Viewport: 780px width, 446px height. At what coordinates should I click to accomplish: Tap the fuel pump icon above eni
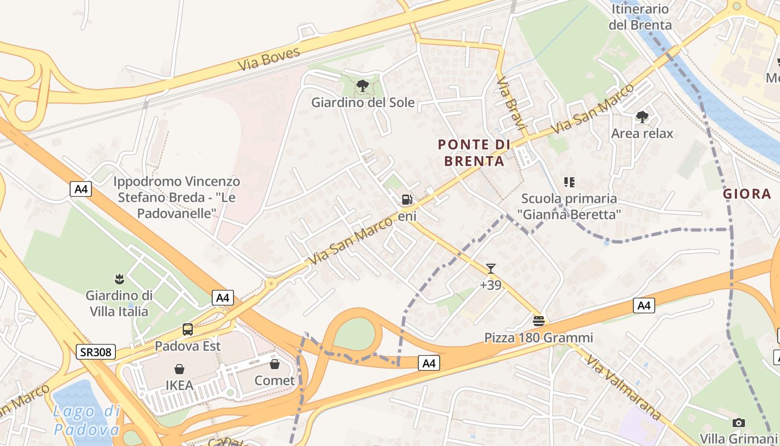[x=407, y=200]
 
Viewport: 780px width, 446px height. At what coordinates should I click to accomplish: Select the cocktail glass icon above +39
[x=490, y=269]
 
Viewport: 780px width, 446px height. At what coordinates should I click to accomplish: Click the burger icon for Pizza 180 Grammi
[x=538, y=321]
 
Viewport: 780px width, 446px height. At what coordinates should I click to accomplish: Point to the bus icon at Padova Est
[x=188, y=329]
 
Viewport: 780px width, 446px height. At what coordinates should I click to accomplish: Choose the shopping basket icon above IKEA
[x=179, y=369]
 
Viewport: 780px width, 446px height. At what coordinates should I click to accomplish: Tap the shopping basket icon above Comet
[x=275, y=364]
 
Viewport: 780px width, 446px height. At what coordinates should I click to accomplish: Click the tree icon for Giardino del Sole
[x=363, y=85]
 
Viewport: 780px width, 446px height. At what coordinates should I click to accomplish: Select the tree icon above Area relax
[x=642, y=117]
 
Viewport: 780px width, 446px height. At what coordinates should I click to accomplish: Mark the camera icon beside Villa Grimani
[x=739, y=423]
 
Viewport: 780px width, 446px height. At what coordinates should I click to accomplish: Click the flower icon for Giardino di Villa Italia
[x=119, y=278]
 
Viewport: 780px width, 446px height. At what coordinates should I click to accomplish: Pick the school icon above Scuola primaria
[x=569, y=182]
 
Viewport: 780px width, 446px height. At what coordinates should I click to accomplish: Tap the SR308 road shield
[x=96, y=352]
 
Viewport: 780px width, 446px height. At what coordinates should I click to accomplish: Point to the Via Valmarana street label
[x=623, y=387]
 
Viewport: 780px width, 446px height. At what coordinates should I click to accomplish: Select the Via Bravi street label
[x=511, y=104]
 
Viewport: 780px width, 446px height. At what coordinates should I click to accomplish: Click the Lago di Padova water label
[x=86, y=420]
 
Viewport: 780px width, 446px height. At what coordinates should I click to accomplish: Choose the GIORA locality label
[x=747, y=194]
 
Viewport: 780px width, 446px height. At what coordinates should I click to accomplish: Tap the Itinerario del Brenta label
[x=640, y=17]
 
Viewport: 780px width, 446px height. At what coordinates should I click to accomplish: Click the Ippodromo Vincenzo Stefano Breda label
[x=177, y=197]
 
